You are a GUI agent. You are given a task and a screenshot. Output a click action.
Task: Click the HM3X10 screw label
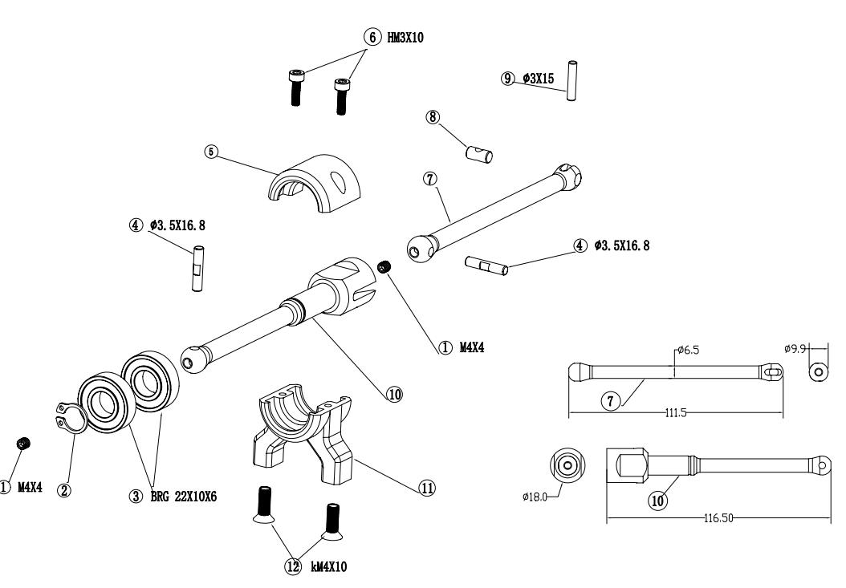coord(405,38)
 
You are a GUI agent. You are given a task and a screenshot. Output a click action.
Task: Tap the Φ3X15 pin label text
coord(538,79)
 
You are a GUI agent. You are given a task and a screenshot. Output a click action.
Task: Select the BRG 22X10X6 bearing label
coord(184,497)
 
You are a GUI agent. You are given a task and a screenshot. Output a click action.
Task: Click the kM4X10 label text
coord(329,567)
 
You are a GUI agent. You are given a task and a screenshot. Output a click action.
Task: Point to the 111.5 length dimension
coord(676,413)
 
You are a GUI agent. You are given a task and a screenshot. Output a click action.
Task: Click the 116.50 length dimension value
coord(718,518)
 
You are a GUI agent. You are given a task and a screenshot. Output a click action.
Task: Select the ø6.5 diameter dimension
coord(688,350)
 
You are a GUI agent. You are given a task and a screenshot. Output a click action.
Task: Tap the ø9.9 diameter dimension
coord(795,349)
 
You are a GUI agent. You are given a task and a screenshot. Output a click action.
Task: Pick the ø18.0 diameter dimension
coord(535,497)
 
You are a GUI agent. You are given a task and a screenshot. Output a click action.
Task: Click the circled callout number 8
coord(433,117)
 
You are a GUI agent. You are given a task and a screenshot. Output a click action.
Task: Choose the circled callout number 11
coord(427,489)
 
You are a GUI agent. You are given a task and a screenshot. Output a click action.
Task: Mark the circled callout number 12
coord(293,567)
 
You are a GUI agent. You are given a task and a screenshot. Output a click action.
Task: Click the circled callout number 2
coord(64,490)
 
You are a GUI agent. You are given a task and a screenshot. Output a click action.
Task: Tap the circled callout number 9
coord(507,79)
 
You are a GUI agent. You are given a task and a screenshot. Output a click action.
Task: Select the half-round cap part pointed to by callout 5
coord(315,184)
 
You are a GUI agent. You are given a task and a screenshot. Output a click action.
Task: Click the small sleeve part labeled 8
coord(479,153)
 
